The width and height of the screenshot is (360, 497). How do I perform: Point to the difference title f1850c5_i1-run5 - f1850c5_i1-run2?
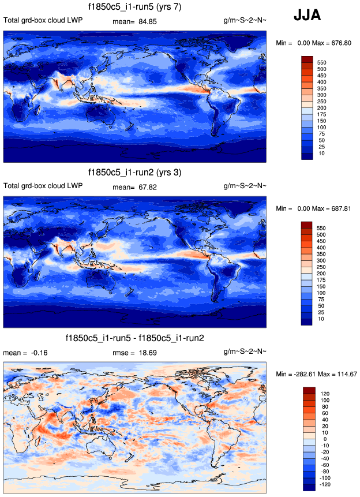click(134, 338)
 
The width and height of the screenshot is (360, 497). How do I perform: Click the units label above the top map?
click(245, 20)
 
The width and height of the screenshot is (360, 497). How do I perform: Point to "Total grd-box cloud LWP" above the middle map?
click(43, 186)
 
